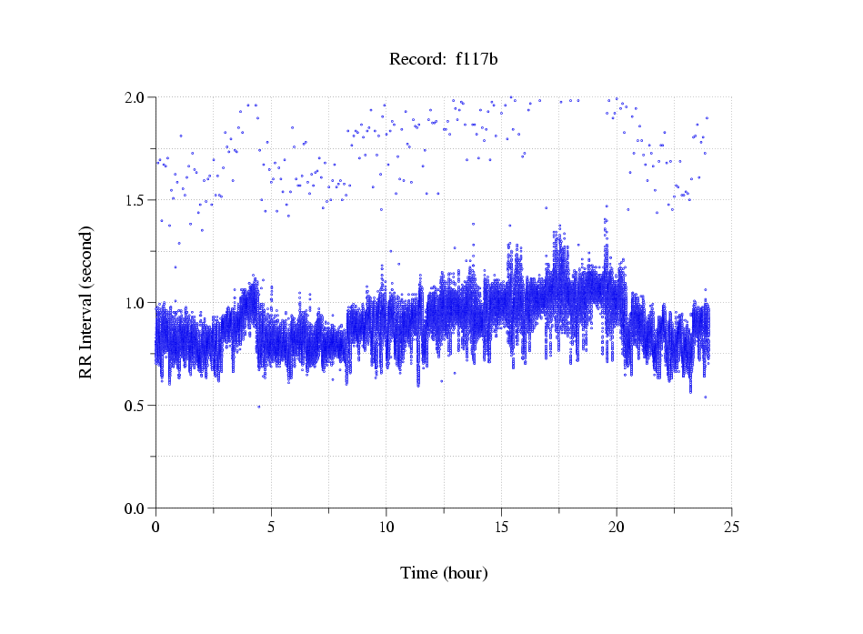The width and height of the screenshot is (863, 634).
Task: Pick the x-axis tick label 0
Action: pos(156,527)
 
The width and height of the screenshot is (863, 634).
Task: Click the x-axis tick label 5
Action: pos(271,527)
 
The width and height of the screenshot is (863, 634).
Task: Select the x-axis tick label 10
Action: pos(386,527)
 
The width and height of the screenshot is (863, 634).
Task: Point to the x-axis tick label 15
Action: pos(501,527)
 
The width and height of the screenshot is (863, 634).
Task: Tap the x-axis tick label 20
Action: pos(617,527)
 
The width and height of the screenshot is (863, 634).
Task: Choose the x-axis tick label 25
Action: pos(731,527)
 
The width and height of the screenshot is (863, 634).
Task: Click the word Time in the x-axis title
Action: pos(419,573)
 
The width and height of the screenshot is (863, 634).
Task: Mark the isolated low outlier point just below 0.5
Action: pos(258,407)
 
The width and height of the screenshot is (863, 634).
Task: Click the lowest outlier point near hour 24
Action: pos(705,398)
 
